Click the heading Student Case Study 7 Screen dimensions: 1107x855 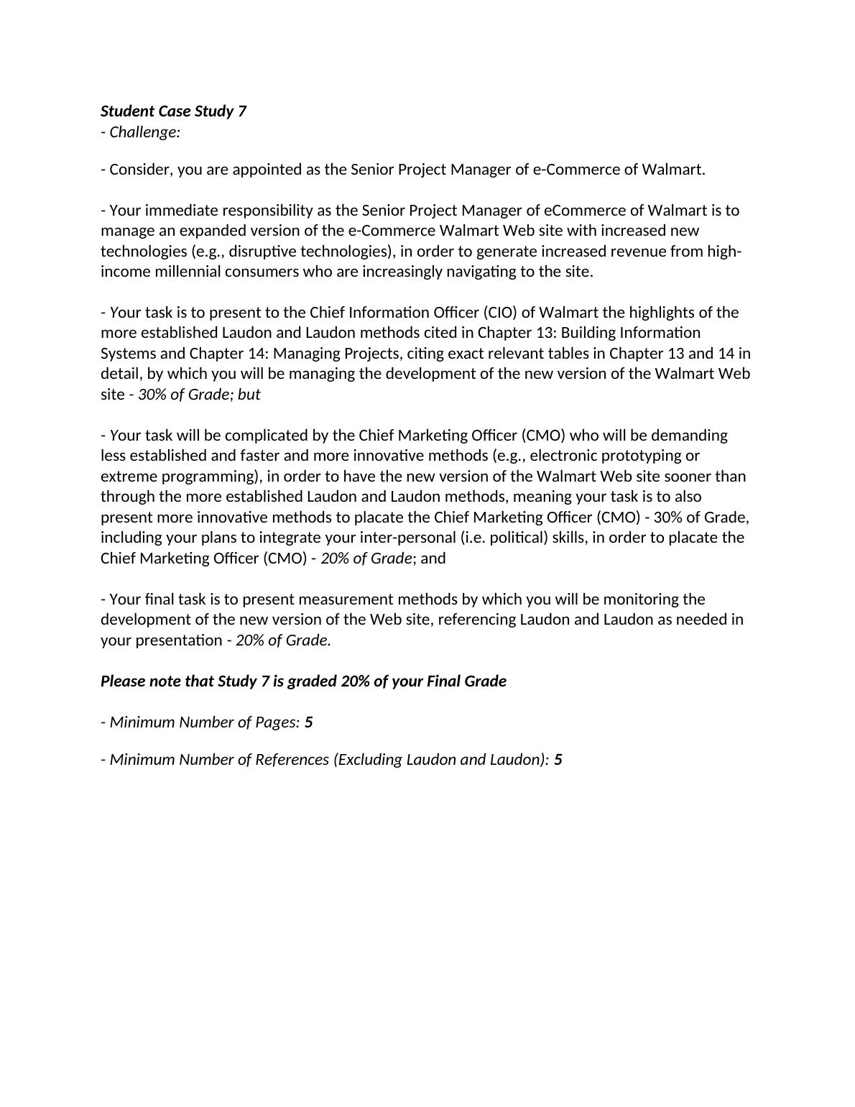coord(173,111)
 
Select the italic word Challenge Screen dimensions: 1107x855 coord(144,132)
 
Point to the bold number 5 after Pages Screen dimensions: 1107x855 coord(309,722)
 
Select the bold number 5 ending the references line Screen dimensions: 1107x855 coord(558,760)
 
